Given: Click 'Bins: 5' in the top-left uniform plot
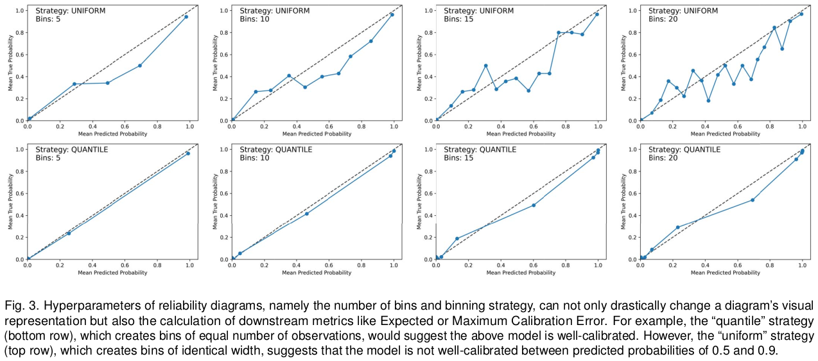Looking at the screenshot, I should (x=48, y=19).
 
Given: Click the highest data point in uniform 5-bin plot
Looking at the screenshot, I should (x=186, y=17).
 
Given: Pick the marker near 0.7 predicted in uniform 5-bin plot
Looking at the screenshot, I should (x=139, y=66).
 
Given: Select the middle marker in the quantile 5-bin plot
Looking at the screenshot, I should (x=69, y=233).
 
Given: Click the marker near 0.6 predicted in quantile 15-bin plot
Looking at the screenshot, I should (x=534, y=205).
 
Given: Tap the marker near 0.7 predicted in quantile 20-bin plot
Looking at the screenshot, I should (x=753, y=200).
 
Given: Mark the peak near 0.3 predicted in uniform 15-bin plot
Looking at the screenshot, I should (x=485, y=66).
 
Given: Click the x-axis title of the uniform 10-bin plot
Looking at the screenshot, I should (x=317, y=134).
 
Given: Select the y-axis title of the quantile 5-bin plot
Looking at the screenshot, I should (x=10, y=204).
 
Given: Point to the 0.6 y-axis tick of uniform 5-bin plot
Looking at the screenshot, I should (x=19, y=55).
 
